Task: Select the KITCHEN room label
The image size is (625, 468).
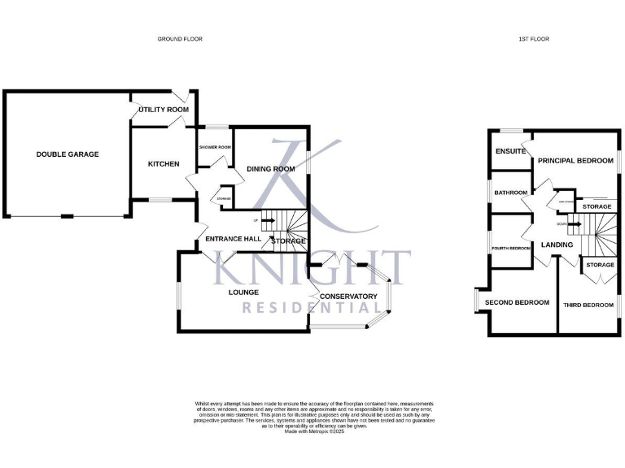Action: [163, 164]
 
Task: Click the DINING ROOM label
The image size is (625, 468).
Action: [270, 169]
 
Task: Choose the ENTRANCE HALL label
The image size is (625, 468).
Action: [233, 239]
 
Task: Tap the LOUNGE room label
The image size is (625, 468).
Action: [243, 292]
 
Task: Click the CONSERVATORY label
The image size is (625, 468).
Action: [348, 297]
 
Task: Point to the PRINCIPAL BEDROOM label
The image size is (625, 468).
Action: [574, 161]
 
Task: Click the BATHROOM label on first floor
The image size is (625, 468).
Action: [511, 193]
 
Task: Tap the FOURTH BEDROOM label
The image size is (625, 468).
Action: [511, 248]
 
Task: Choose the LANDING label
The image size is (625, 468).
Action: [557, 245]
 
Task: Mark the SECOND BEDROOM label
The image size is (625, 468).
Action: [517, 302]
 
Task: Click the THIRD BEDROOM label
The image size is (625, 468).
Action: [588, 305]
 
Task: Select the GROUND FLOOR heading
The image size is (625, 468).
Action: [181, 39]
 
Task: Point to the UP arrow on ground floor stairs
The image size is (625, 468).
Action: [264, 220]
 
